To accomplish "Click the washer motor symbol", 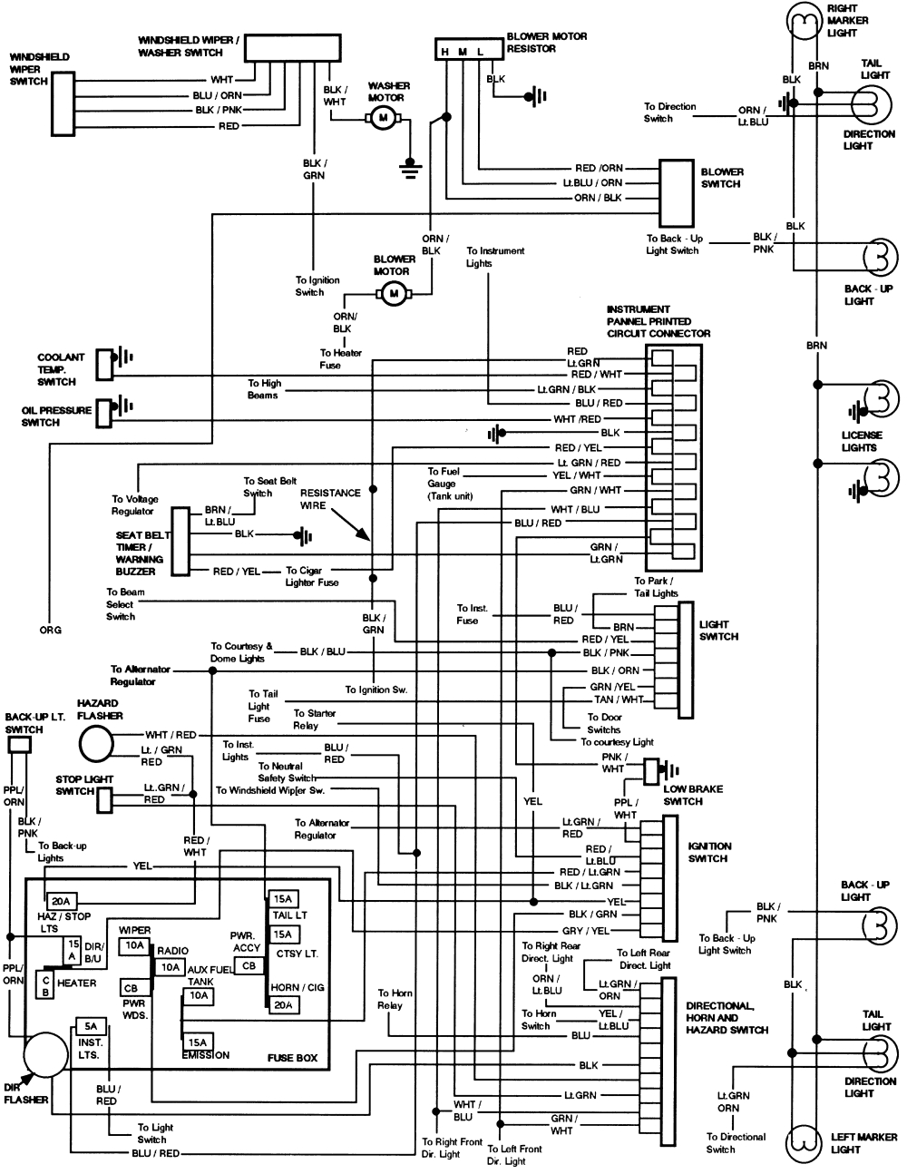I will click(x=383, y=118).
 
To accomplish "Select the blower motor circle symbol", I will click(x=394, y=292).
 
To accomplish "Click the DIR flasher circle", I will click(x=44, y=1056).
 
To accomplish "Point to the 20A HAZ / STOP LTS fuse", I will click(x=62, y=901).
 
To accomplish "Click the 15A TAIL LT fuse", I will click(x=282, y=899).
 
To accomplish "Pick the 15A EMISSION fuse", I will click(x=198, y=1042).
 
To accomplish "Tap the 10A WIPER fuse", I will click(x=134, y=945).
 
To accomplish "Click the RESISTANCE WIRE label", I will click(x=330, y=499).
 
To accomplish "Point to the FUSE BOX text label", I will click(x=292, y=1058).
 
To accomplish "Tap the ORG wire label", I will click(x=51, y=630).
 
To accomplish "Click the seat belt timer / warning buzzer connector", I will click(x=180, y=541).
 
